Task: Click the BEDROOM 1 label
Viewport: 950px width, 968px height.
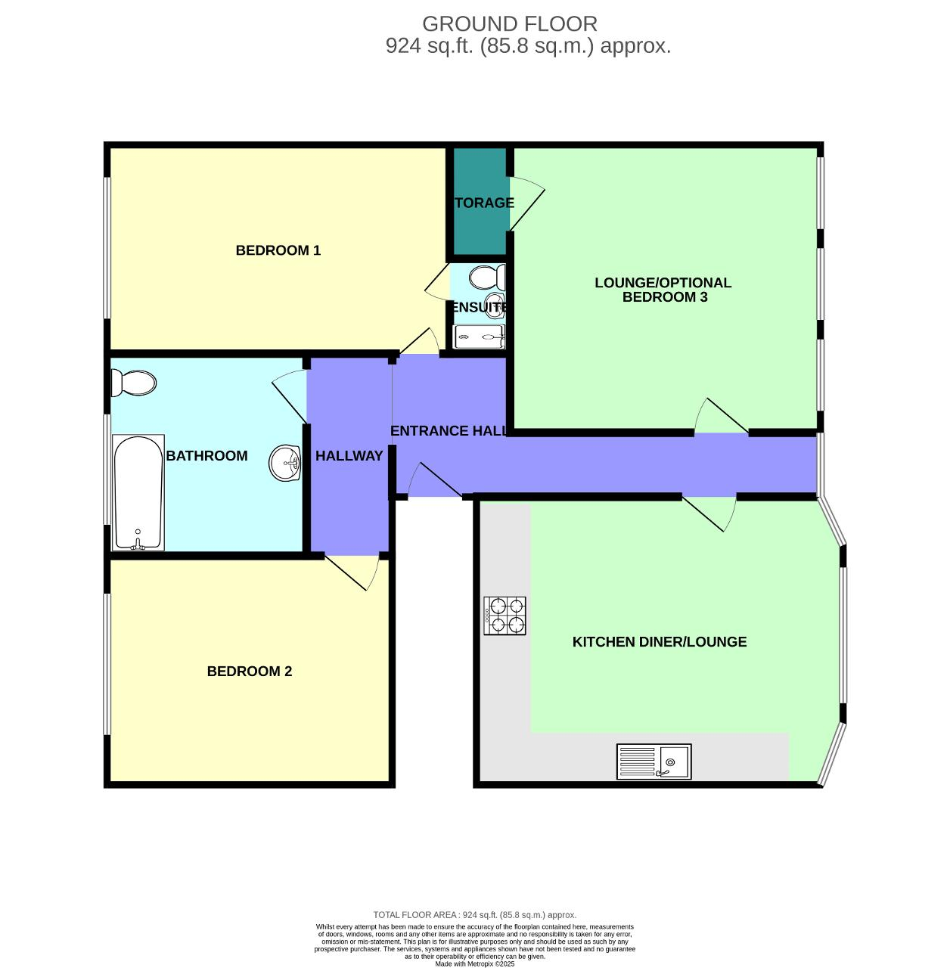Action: (278, 250)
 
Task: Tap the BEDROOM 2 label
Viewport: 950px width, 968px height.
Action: (250, 671)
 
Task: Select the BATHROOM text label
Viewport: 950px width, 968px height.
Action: (206, 455)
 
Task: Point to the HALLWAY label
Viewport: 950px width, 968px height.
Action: (349, 455)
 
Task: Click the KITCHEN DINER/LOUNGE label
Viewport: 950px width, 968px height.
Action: (660, 641)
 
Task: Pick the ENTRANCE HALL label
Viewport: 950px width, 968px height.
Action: (449, 430)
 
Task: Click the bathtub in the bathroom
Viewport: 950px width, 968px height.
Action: (138, 493)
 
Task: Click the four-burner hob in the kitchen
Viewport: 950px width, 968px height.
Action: (504, 616)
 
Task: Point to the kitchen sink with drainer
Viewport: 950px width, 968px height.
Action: (654, 762)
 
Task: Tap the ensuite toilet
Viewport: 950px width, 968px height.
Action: (487, 277)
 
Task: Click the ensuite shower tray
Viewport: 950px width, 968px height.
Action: (479, 337)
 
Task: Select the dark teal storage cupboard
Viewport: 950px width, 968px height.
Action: (480, 201)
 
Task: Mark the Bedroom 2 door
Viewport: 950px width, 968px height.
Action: (352, 572)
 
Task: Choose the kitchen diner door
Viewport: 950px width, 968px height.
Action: (709, 513)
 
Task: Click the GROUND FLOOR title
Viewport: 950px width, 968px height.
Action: (509, 23)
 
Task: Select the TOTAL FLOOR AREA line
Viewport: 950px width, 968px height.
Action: (474, 915)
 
